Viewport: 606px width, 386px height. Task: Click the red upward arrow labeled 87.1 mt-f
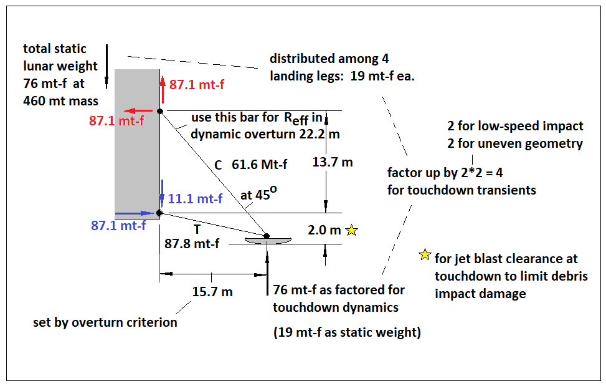[x=163, y=90]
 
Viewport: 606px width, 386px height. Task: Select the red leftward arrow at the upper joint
[x=138, y=111]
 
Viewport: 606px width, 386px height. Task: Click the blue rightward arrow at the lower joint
[x=135, y=213]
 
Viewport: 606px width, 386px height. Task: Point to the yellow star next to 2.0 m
[x=352, y=230]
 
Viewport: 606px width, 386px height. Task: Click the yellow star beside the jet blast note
[x=425, y=254]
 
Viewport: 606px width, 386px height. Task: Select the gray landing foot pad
[x=267, y=241]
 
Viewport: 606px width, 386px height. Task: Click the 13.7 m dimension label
[x=333, y=162]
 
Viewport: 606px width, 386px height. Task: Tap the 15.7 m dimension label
[x=212, y=292]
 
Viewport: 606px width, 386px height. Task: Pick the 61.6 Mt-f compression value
[x=259, y=165]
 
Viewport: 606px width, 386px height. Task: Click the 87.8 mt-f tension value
[x=192, y=244]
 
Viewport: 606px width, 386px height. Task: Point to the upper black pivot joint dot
[x=160, y=112]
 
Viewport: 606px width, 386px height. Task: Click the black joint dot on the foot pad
[x=267, y=236]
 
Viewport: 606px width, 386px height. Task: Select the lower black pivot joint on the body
[x=159, y=213]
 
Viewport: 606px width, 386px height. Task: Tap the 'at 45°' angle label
[x=258, y=193]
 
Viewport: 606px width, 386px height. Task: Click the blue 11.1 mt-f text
[x=195, y=199]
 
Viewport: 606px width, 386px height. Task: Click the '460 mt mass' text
[x=60, y=101]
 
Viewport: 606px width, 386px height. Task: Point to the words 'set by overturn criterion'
[x=105, y=322]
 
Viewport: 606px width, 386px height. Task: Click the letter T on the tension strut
[x=197, y=229]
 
